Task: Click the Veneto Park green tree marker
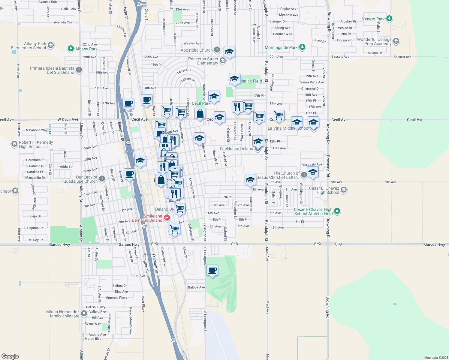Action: [x=389, y=19]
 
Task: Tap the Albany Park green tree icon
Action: [x=71, y=48]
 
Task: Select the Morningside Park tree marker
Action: [x=302, y=47]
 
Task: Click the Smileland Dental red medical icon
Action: [x=167, y=217]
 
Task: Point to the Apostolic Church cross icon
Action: [x=217, y=50]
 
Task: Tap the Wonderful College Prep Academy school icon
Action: [x=396, y=41]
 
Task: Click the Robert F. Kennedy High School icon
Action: [x=14, y=144]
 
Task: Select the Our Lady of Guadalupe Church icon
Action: [x=102, y=179]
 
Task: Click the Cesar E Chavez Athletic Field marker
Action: [x=337, y=211]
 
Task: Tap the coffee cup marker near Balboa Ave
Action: [x=212, y=270]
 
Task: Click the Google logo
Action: [x=10, y=356]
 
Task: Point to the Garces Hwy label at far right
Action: [x=434, y=244]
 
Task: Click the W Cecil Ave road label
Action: [x=68, y=119]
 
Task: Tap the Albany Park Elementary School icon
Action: [x=51, y=45]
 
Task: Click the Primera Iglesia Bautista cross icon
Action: [x=79, y=70]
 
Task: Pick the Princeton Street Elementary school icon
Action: [x=222, y=61]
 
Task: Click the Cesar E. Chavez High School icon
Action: [x=344, y=190]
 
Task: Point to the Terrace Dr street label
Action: [x=184, y=71]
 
